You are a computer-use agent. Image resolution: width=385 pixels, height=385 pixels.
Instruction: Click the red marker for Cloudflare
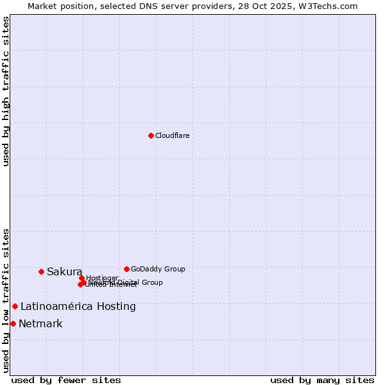[151, 135]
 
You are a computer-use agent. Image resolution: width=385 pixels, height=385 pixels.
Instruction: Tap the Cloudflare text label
[172, 136]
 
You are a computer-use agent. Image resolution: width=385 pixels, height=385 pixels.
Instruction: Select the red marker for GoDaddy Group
[126, 269]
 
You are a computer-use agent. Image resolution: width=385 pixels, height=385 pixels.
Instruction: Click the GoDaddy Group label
[158, 269]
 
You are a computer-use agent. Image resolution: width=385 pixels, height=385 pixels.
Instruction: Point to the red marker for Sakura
[41, 271]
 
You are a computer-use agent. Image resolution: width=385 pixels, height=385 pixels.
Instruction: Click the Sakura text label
[64, 272]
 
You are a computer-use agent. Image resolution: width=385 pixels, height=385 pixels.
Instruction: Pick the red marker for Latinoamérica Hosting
[15, 306]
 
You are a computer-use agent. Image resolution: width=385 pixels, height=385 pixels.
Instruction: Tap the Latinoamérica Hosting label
[78, 307]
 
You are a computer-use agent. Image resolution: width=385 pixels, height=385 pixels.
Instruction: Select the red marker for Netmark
[13, 323]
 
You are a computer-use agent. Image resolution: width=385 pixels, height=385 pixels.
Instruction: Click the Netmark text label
[40, 324]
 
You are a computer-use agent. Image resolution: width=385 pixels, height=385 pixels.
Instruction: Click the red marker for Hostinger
[81, 278]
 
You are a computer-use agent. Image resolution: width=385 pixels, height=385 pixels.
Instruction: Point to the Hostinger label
[102, 278]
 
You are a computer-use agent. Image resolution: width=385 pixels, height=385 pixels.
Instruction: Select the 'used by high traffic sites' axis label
[6, 91]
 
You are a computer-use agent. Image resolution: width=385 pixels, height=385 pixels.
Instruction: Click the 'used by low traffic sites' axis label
[6, 300]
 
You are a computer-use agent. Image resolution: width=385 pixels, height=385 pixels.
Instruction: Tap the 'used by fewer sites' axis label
[66, 381]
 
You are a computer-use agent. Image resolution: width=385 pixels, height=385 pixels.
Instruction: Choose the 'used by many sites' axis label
[322, 381]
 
